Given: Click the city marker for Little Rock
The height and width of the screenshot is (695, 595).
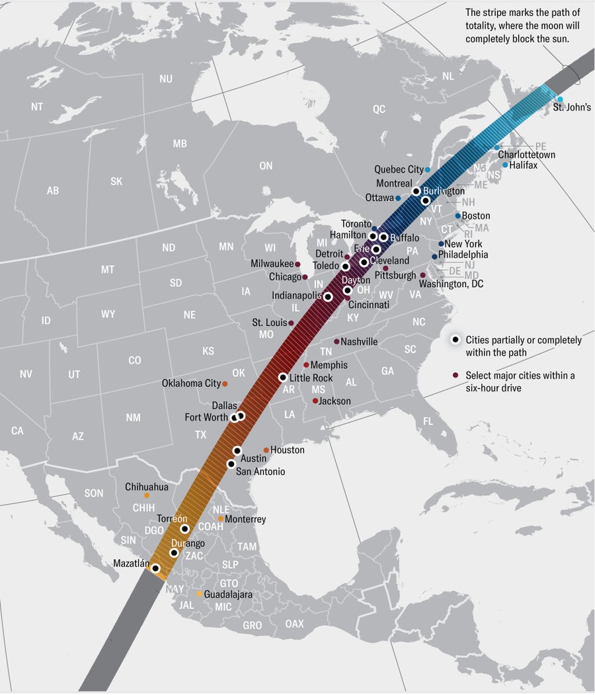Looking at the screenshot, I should click(283, 378).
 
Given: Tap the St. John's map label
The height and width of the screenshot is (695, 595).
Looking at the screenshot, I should click(572, 107).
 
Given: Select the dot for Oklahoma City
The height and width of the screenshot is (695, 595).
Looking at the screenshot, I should click(225, 384).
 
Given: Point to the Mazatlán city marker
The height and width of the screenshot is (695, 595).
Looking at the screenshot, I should click(155, 568).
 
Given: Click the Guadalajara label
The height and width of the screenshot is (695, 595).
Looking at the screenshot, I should click(228, 594).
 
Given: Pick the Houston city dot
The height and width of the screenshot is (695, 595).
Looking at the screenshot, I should click(266, 450).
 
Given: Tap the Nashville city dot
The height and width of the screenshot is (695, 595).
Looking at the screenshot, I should click(336, 342).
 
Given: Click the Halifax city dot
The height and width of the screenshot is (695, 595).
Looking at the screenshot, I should click(505, 165).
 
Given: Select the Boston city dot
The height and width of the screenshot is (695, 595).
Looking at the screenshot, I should click(457, 216).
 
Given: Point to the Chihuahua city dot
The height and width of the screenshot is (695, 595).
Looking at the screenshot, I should click(146, 495).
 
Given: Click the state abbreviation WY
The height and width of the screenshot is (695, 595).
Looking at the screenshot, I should click(108, 314).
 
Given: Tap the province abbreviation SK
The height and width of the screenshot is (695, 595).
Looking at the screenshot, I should click(116, 181).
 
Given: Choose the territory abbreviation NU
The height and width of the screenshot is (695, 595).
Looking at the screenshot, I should click(165, 79).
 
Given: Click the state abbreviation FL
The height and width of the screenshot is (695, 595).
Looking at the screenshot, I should click(428, 421).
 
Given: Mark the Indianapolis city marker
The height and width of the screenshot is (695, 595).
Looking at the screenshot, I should click(328, 297).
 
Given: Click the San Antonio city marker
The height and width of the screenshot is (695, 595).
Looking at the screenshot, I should click(231, 464).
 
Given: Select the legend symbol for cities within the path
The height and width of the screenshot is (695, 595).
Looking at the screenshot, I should click(456, 340).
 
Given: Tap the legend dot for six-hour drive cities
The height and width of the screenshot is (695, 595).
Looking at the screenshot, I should click(456, 376).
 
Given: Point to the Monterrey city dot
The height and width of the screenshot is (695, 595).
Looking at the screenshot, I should click(221, 518).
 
